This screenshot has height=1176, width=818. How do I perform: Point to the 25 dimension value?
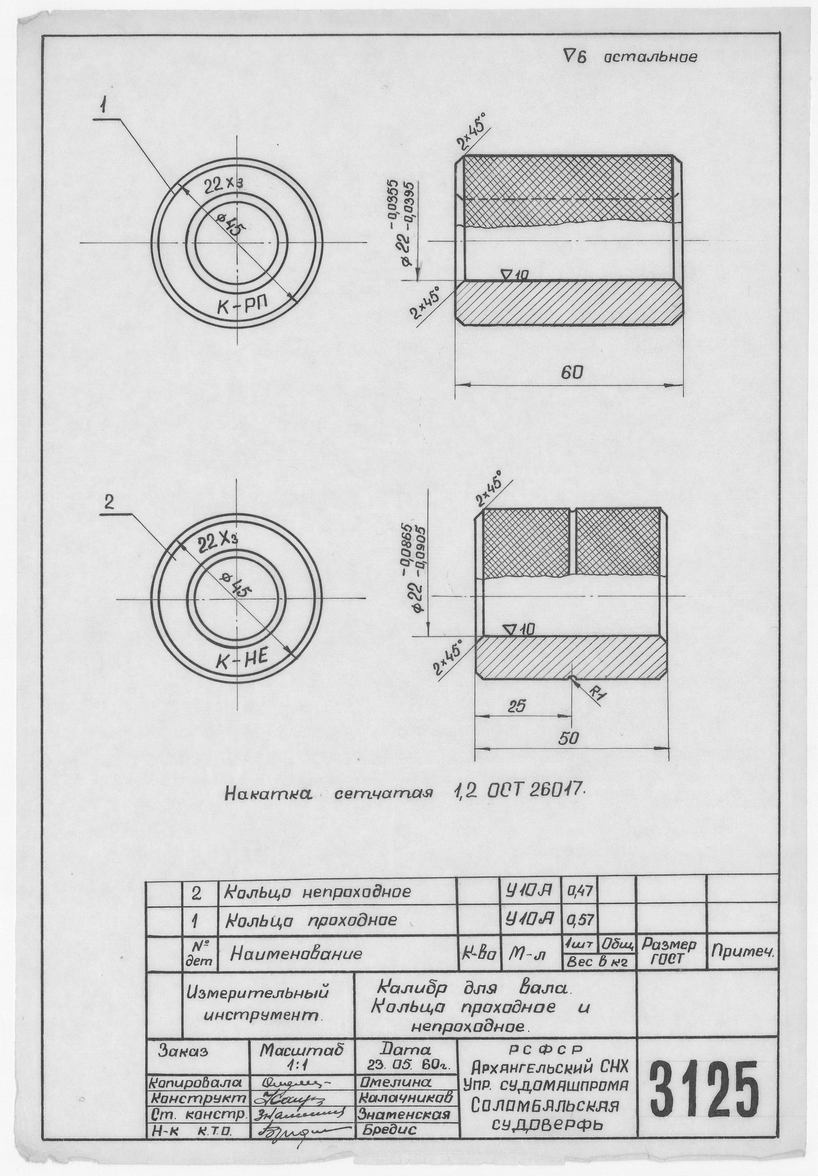pos(516,705)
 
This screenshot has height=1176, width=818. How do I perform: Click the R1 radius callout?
pos(596,693)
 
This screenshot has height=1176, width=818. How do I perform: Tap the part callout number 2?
pos(109,504)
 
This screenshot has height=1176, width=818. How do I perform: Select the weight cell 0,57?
pos(579,920)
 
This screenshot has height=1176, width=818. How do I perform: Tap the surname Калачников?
pos(405,1097)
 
